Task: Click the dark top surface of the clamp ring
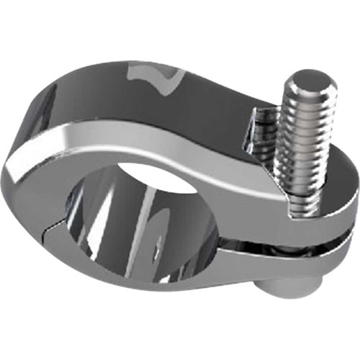[202, 94]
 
